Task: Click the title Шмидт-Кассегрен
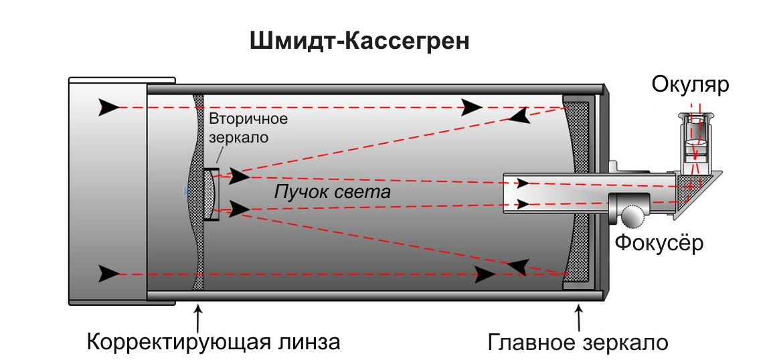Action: click(x=359, y=41)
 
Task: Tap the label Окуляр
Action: click(x=690, y=85)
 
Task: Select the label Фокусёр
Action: click(x=659, y=242)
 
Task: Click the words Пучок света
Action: click(x=332, y=193)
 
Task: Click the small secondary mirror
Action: click(x=210, y=193)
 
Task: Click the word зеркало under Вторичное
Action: click(x=239, y=138)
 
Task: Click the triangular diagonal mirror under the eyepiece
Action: click(x=696, y=191)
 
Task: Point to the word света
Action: click(x=364, y=193)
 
